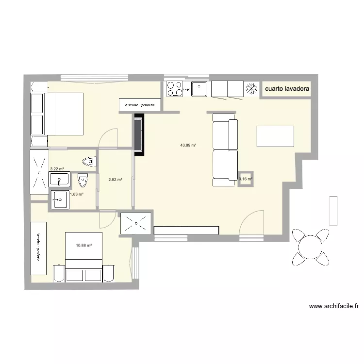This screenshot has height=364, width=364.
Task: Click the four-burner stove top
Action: tap(175, 89)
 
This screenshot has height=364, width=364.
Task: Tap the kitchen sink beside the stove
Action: tap(199, 89)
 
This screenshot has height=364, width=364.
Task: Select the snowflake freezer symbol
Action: tap(251, 89)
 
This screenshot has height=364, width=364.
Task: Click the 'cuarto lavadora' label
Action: tap(286, 89)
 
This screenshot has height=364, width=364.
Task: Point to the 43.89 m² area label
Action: tap(188, 145)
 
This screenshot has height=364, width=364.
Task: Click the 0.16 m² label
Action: tap(246, 179)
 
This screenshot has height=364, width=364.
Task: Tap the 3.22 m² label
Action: tap(57, 169)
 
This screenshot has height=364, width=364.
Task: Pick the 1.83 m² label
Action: tap(77, 194)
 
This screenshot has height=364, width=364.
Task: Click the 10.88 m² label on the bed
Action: tap(84, 246)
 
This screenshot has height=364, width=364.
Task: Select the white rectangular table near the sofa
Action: tap(275, 136)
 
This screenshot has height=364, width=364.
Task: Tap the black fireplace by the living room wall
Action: tap(139, 135)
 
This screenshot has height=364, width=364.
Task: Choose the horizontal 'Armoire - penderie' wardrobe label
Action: tap(140, 105)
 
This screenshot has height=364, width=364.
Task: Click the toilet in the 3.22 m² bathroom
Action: tap(88, 161)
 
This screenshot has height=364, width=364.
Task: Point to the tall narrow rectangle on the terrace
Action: tap(333, 210)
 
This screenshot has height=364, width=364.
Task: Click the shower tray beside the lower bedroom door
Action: tap(135, 223)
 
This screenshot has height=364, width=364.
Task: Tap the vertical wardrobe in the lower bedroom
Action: tap(38, 248)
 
